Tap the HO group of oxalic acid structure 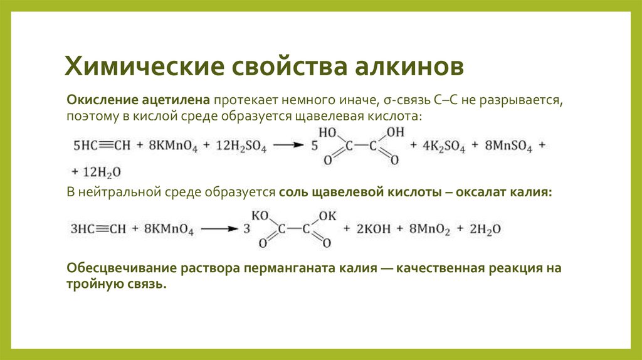tap(328, 134)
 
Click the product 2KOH tap(374, 230)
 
